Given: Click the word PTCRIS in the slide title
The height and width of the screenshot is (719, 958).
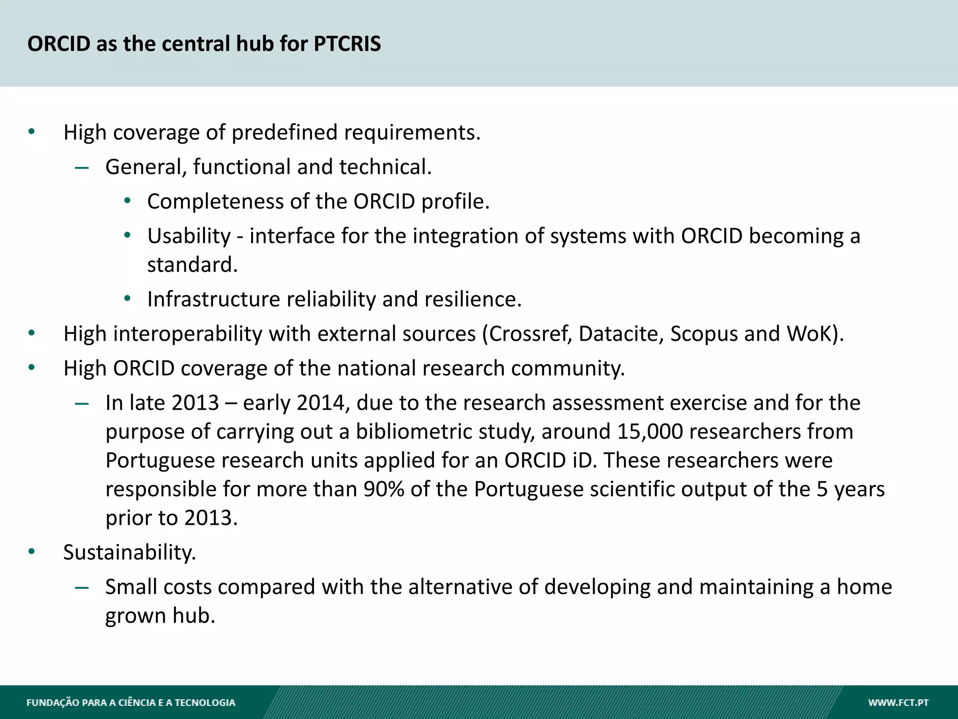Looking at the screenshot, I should pos(347,44).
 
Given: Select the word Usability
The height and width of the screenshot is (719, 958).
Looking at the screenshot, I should pos(189,236).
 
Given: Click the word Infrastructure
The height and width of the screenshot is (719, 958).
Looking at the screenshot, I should pos(213,299).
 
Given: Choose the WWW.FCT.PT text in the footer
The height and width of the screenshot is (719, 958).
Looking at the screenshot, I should pos(898,703).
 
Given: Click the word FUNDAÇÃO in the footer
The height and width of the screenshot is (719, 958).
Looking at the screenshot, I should pos(52,703).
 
